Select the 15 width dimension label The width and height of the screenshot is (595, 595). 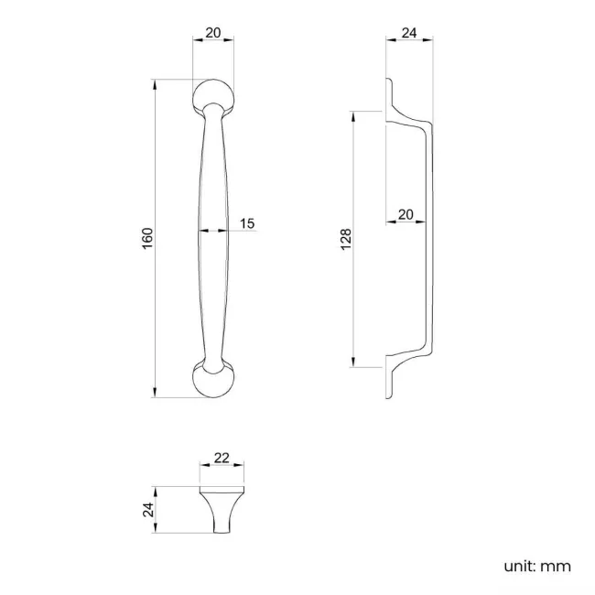247,223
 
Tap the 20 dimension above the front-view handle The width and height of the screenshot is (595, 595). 213,32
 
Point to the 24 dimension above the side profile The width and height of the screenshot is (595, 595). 409,33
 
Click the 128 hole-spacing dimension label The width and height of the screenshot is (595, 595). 346,240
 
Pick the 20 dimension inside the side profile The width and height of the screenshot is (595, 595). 406,215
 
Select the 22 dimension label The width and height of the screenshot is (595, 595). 221,457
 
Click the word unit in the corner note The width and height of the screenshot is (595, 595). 518,566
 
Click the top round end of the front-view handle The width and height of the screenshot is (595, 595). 213,95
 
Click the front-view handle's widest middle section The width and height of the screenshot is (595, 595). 212,238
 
